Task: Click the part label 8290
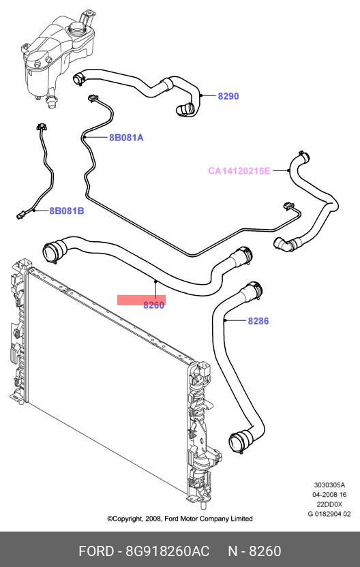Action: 228,96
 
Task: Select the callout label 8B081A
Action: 126,138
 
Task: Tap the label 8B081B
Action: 67,211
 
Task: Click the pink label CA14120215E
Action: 239,170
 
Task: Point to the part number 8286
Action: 258,321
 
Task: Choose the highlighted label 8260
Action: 154,305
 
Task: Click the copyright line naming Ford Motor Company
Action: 180,519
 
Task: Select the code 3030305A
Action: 329,485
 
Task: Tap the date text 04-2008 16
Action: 329,495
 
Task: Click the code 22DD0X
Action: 329,504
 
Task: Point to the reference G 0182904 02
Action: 329,514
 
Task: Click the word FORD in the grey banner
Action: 96,551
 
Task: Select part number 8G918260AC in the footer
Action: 168,551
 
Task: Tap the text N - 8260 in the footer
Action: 254,551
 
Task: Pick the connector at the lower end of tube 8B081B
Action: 20,216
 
